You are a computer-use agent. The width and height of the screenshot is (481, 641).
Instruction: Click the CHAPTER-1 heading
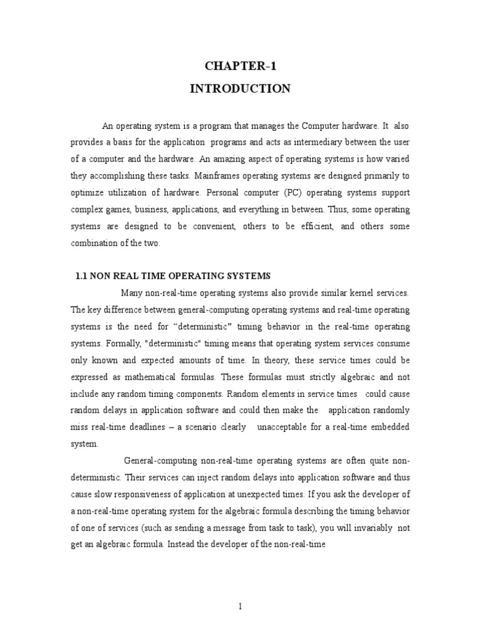(240, 67)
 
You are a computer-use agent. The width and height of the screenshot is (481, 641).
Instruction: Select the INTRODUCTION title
(240, 89)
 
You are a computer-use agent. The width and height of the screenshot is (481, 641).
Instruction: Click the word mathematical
(164, 377)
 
